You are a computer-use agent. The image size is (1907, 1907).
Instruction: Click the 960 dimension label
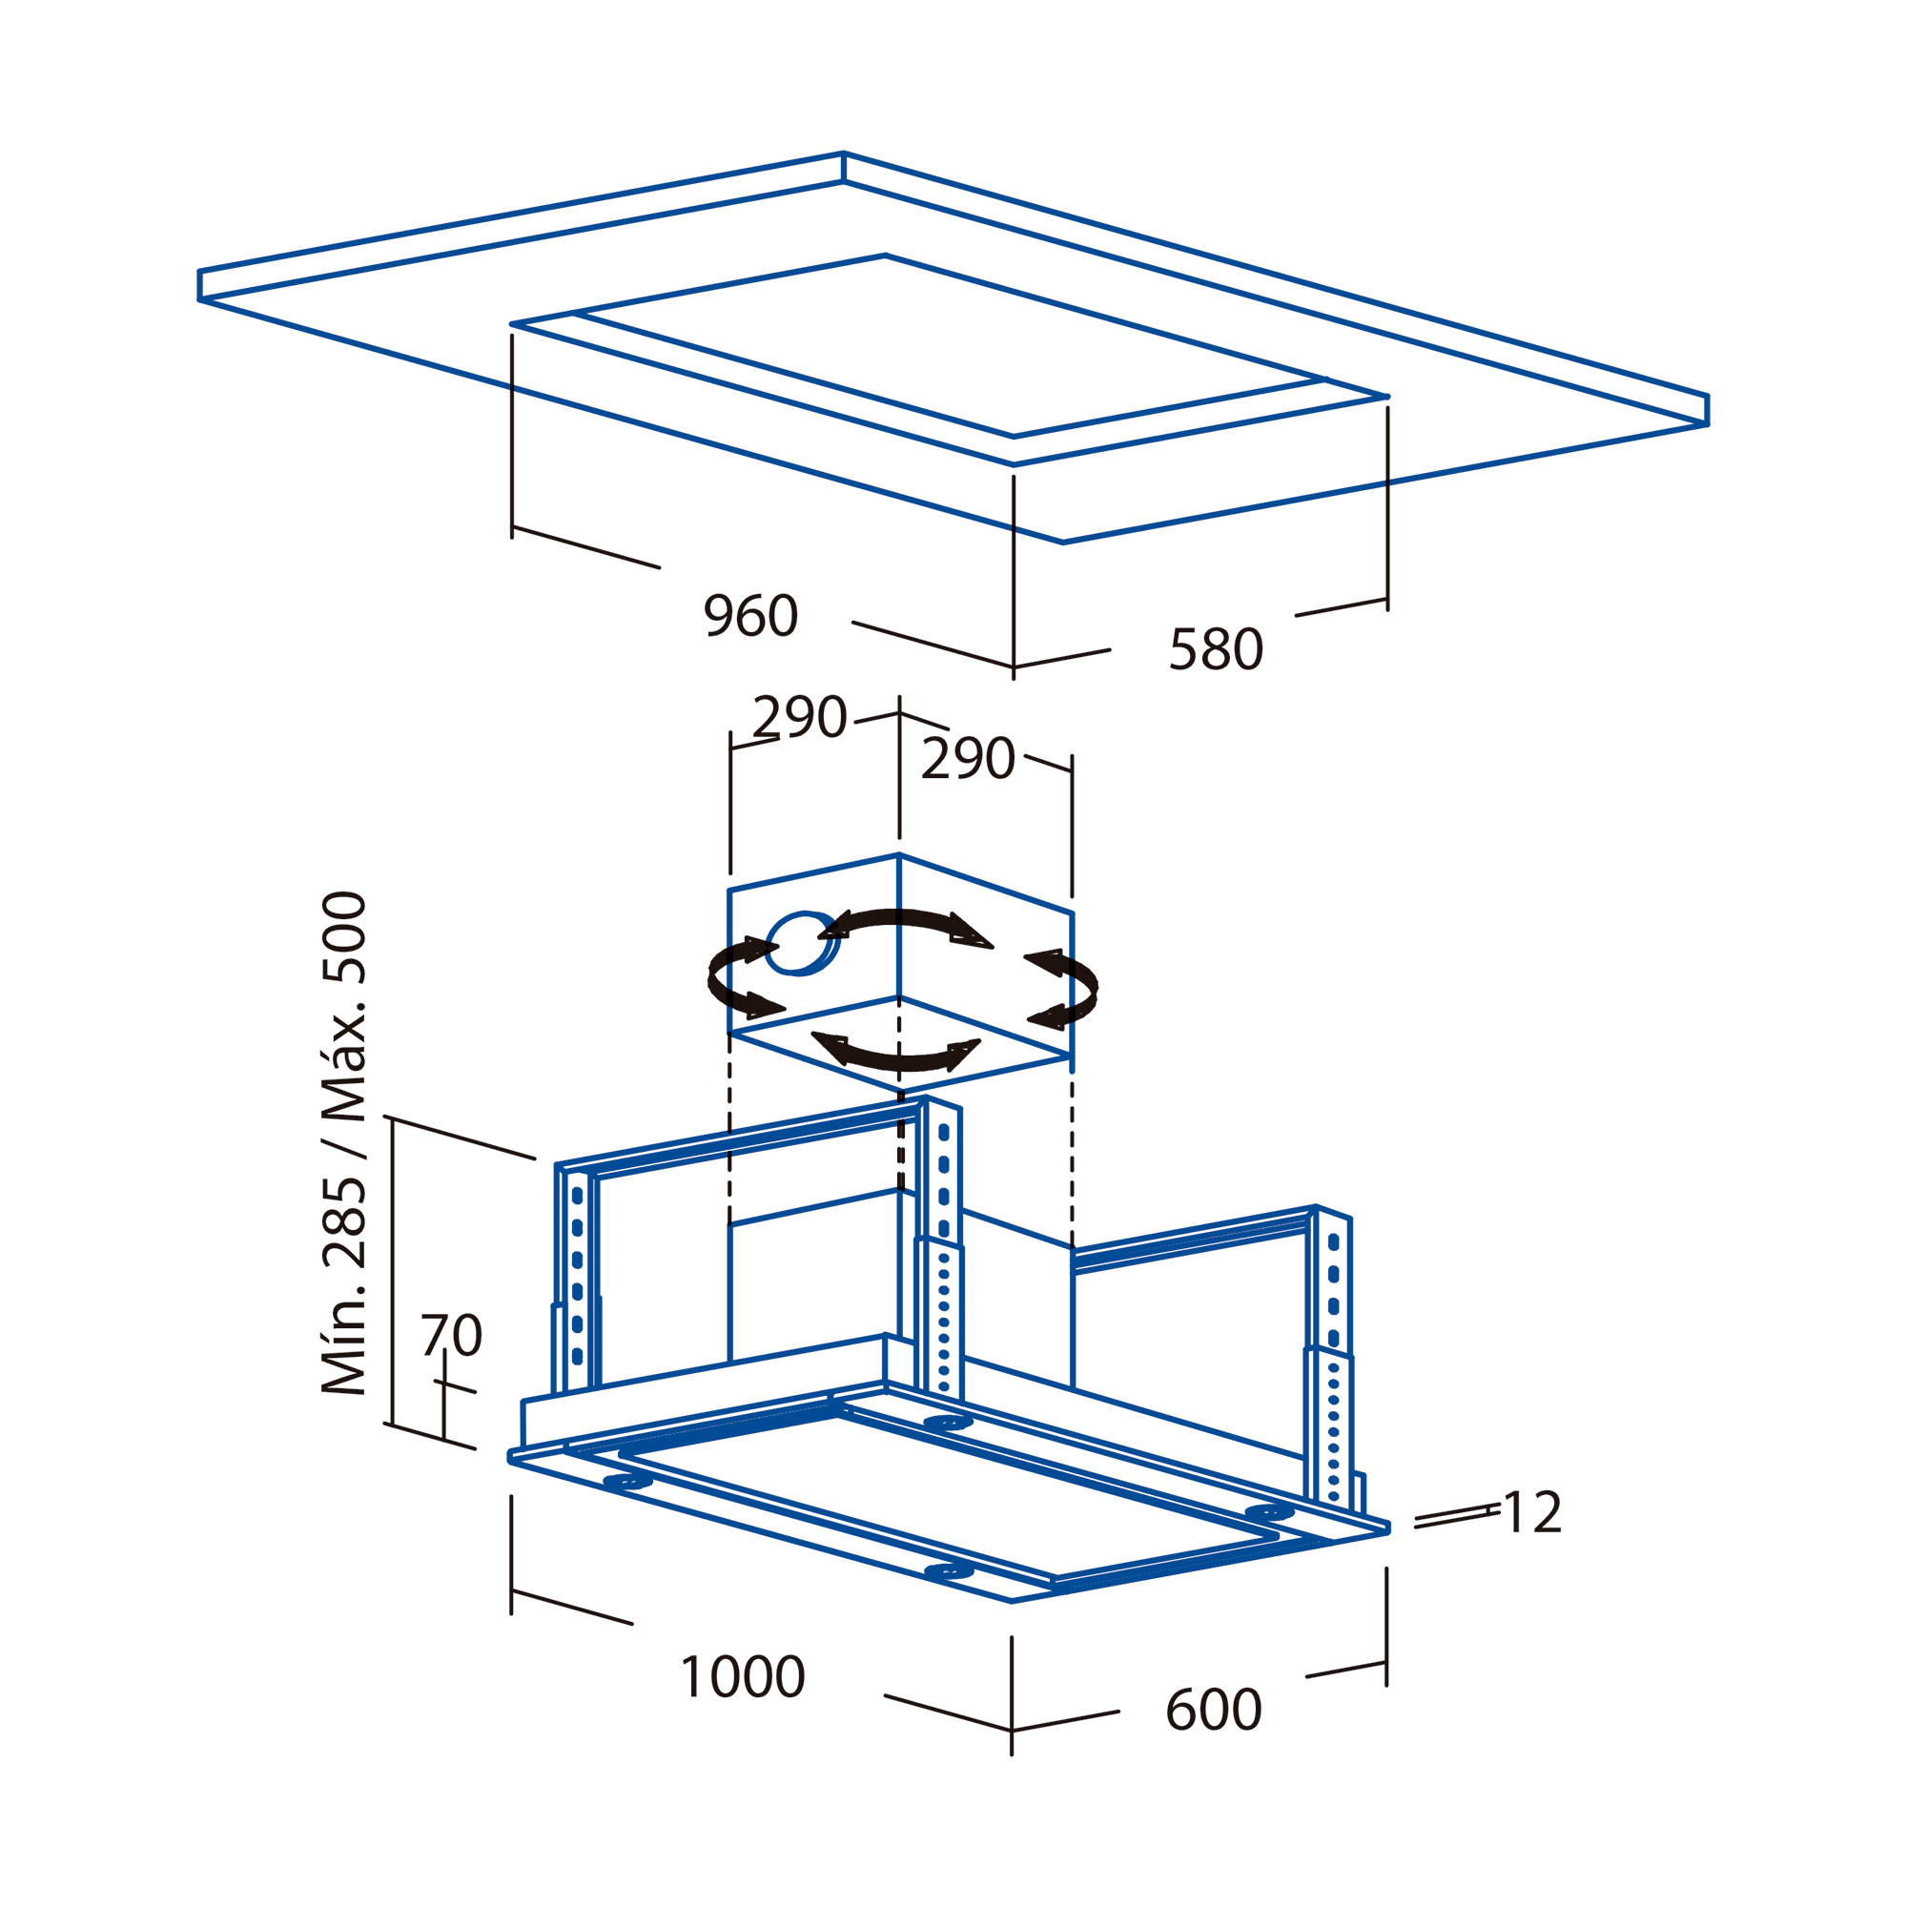click(x=750, y=616)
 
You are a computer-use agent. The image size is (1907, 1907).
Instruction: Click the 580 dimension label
click(x=1216, y=648)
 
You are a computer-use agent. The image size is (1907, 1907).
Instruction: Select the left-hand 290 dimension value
click(x=800, y=716)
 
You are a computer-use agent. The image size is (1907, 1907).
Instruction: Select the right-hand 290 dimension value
click(x=967, y=758)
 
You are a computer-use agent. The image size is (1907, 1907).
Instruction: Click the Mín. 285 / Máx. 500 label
click(x=344, y=1143)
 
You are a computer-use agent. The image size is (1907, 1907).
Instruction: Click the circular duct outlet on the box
click(x=803, y=943)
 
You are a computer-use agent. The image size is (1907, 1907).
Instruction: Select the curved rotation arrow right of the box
click(x=1066, y=990)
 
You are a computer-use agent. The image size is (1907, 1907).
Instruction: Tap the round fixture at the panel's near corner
click(x=949, y=1570)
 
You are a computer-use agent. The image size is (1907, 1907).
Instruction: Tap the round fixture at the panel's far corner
click(x=949, y=1422)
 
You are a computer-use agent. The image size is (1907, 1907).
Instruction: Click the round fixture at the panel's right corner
click(x=1269, y=1511)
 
